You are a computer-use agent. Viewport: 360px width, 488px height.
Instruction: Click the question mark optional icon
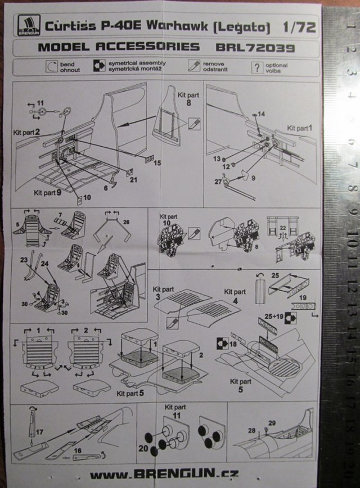[x=256, y=67]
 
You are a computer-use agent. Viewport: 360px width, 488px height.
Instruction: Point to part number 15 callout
[x=157, y=162]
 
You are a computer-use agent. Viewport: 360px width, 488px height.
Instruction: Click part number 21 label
[x=133, y=180]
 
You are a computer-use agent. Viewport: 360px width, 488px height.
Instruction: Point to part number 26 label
[x=126, y=222]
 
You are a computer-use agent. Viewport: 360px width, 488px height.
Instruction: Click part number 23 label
[x=24, y=260]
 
